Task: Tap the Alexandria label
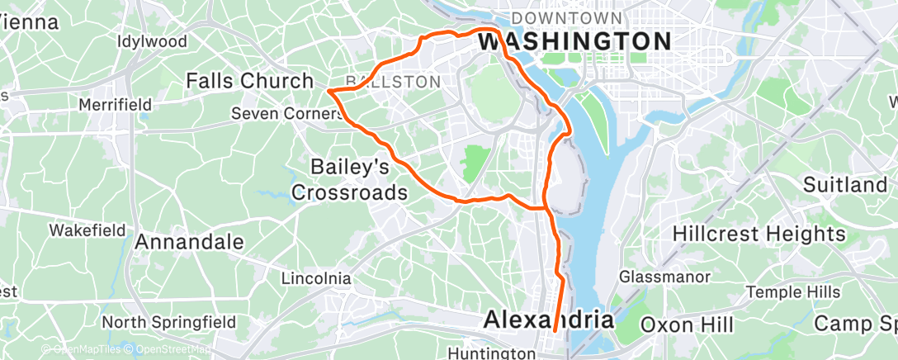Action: click(x=549, y=319)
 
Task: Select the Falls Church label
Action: click(x=249, y=81)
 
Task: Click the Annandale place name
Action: click(x=189, y=242)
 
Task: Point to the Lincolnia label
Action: click(x=316, y=278)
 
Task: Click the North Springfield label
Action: click(x=169, y=322)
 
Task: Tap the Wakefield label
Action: click(x=87, y=229)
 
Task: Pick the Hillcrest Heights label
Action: click(x=759, y=234)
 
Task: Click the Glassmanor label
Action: click(x=660, y=275)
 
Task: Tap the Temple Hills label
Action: click(x=793, y=292)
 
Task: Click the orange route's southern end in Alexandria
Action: click(x=555, y=332)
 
